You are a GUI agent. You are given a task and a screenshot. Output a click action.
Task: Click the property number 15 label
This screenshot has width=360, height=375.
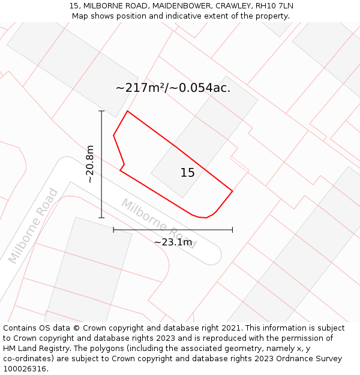[x=187, y=173]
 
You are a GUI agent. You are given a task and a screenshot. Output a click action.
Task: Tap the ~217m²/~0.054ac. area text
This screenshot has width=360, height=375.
[x=173, y=88]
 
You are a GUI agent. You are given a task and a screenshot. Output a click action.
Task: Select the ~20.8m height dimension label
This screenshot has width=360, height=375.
[x=90, y=164]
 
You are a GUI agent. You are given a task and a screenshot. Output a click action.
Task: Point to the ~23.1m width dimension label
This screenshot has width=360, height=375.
[x=173, y=242]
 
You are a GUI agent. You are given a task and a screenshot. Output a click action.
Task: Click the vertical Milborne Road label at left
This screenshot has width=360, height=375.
[x=33, y=226]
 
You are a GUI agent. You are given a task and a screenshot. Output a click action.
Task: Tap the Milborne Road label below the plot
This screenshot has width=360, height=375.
[x=158, y=223]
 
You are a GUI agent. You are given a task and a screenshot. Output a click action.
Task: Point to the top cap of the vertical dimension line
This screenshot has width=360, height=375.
[x=101, y=111]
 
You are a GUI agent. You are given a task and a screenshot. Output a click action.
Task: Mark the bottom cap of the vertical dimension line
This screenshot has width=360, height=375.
[x=101, y=218]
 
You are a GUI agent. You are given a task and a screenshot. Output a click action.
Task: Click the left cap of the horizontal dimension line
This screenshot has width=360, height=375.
[x=113, y=229]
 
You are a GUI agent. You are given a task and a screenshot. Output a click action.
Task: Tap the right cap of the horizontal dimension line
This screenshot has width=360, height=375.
[x=232, y=229]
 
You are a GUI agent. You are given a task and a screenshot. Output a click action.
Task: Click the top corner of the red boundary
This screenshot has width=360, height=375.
[x=127, y=111]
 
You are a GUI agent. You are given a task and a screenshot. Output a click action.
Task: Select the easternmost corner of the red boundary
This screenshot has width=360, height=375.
[x=232, y=191]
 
